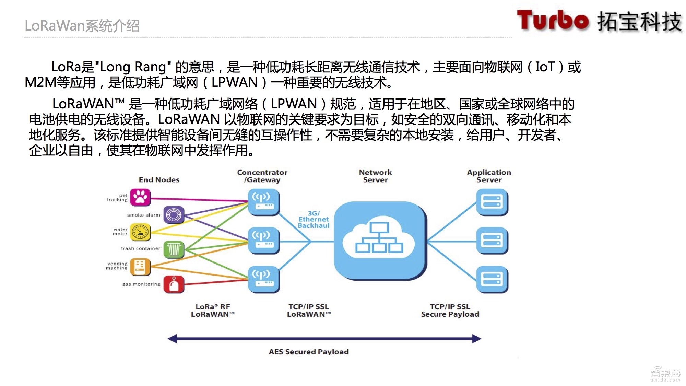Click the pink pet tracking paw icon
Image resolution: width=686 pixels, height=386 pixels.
click(140, 197)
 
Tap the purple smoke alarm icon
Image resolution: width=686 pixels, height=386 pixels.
click(174, 215)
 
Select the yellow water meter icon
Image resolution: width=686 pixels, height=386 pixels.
click(140, 232)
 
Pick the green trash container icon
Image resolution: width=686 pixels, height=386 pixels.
click(174, 249)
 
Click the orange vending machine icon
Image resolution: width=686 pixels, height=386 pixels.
click(140, 267)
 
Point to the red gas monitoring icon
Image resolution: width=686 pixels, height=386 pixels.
click(174, 284)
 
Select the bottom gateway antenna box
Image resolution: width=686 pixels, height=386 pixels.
click(263, 279)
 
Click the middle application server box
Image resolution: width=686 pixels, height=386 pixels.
click(492, 240)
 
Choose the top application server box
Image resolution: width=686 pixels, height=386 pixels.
click(492, 202)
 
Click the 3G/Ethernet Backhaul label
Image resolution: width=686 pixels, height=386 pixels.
click(314, 220)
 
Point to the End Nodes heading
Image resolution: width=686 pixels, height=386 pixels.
click(159, 180)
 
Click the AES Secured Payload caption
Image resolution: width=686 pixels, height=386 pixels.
click(309, 352)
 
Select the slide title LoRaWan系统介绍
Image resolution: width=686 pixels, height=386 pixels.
click(82, 26)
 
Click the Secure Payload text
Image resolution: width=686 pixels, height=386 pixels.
click(450, 314)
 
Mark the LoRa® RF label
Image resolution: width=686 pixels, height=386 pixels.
click(213, 307)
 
